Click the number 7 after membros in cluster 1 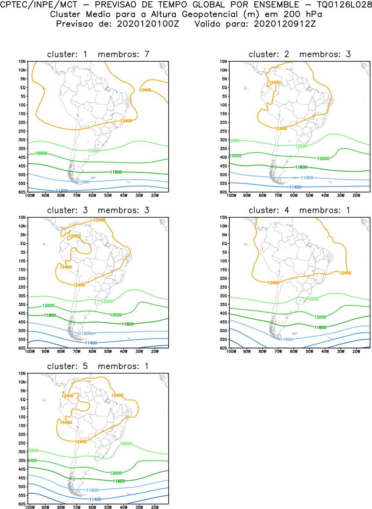pyautogui.click(x=147, y=54)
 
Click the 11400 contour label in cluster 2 pyautogui.click(x=295, y=187)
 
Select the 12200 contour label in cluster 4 pyautogui.click(x=312, y=299)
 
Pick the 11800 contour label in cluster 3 pyautogui.click(x=127, y=324)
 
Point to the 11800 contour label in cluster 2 pyautogui.click(x=301, y=167)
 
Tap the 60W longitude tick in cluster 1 pyautogui.click(x=92, y=195)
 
